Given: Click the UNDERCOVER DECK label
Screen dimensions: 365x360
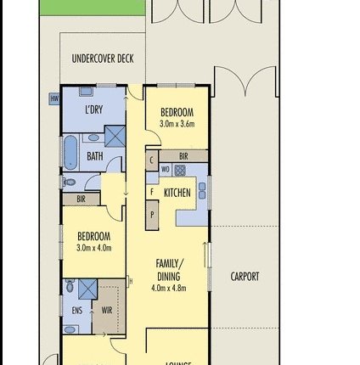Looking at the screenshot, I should (103, 59).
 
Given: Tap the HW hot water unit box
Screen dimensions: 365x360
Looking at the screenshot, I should (54, 99).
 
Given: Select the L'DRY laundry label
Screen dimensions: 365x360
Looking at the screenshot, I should (93, 109).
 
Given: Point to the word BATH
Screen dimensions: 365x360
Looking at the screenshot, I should (94, 156).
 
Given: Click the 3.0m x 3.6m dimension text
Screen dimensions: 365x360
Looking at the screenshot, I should (177, 124).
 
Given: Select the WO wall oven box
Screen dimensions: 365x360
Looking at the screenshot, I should (166, 170).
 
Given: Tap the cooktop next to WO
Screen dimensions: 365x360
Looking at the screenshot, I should (180, 170).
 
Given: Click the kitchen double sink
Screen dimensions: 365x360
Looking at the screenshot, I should (202, 192).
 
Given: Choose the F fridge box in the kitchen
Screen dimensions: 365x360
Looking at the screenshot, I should (151, 192).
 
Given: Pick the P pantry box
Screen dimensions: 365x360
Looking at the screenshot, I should (152, 214).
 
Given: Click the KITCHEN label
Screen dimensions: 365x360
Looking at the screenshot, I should (177, 193).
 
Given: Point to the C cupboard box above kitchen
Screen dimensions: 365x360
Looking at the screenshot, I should (151, 159).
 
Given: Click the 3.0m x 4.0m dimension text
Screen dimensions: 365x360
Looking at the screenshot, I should (93, 248).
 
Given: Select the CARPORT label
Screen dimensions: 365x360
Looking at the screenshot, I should (245, 276).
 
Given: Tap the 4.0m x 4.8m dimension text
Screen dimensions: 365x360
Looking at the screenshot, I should (168, 288).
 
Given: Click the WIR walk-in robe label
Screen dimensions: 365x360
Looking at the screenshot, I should (107, 311).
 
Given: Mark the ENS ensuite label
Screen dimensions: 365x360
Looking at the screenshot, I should (77, 311).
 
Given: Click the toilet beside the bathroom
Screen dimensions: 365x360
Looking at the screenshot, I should (70, 181).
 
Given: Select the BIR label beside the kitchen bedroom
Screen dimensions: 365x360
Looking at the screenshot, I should (183, 156).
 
